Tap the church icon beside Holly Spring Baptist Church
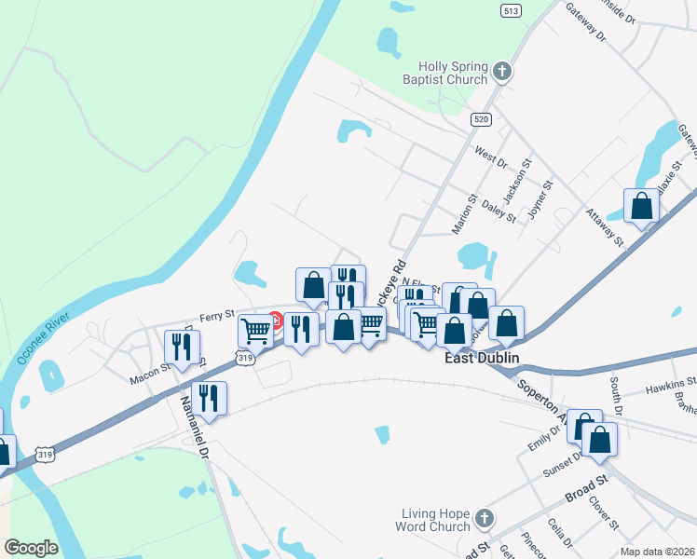pos(501,72)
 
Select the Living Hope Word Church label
pos(436,520)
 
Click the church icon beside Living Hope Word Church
pos(484,518)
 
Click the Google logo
pos(31,548)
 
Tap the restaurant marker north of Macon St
pos(181,346)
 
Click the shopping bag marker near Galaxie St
pos(641,205)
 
